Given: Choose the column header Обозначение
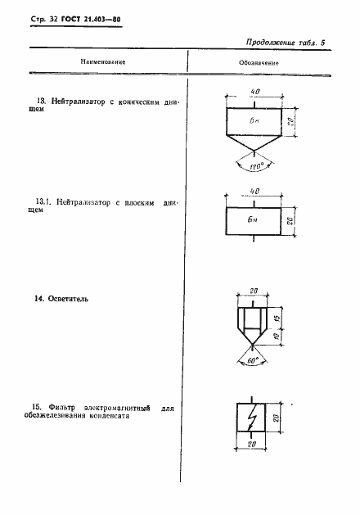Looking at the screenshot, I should pos(259,62).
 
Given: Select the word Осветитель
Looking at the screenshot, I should pos(66,300).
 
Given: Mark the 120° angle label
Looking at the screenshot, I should pos(257,165).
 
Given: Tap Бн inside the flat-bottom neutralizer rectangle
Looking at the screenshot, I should pos(256,221).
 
